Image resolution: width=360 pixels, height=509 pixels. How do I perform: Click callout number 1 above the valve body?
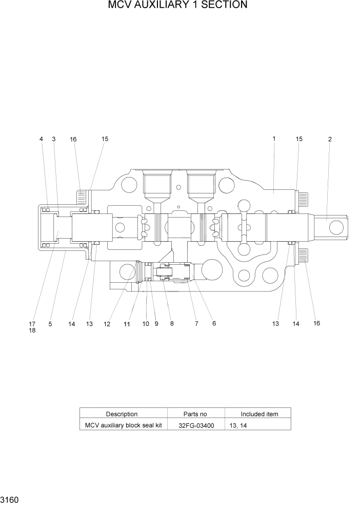(x=274, y=139)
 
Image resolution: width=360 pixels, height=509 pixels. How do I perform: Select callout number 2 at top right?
(x=330, y=139)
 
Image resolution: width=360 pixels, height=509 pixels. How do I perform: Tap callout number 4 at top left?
(x=42, y=139)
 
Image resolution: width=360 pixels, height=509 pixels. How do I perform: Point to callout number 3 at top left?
(x=53, y=139)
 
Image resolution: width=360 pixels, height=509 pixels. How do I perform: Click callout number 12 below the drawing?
(x=107, y=324)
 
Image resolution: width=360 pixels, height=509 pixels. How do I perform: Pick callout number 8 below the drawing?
(x=172, y=324)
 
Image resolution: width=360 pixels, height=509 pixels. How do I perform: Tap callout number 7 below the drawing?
(x=196, y=324)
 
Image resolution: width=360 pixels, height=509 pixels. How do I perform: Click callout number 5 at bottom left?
(x=50, y=324)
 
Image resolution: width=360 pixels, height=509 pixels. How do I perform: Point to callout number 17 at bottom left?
(x=32, y=324)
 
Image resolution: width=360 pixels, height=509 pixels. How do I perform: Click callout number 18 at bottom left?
(x=32, y=331)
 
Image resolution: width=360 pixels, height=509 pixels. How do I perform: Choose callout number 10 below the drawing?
(x=146, y=324)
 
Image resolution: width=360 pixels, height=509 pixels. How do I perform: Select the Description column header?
(x=122, y=414)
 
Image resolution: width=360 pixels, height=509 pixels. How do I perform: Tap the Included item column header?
(x=259, y=414)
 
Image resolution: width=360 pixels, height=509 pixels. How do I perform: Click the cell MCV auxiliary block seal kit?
(x=123, y=425)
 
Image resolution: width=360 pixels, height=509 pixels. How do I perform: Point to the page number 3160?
(x=10, y=499)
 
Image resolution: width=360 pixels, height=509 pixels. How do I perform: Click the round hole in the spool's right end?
(x=336, y=226)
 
